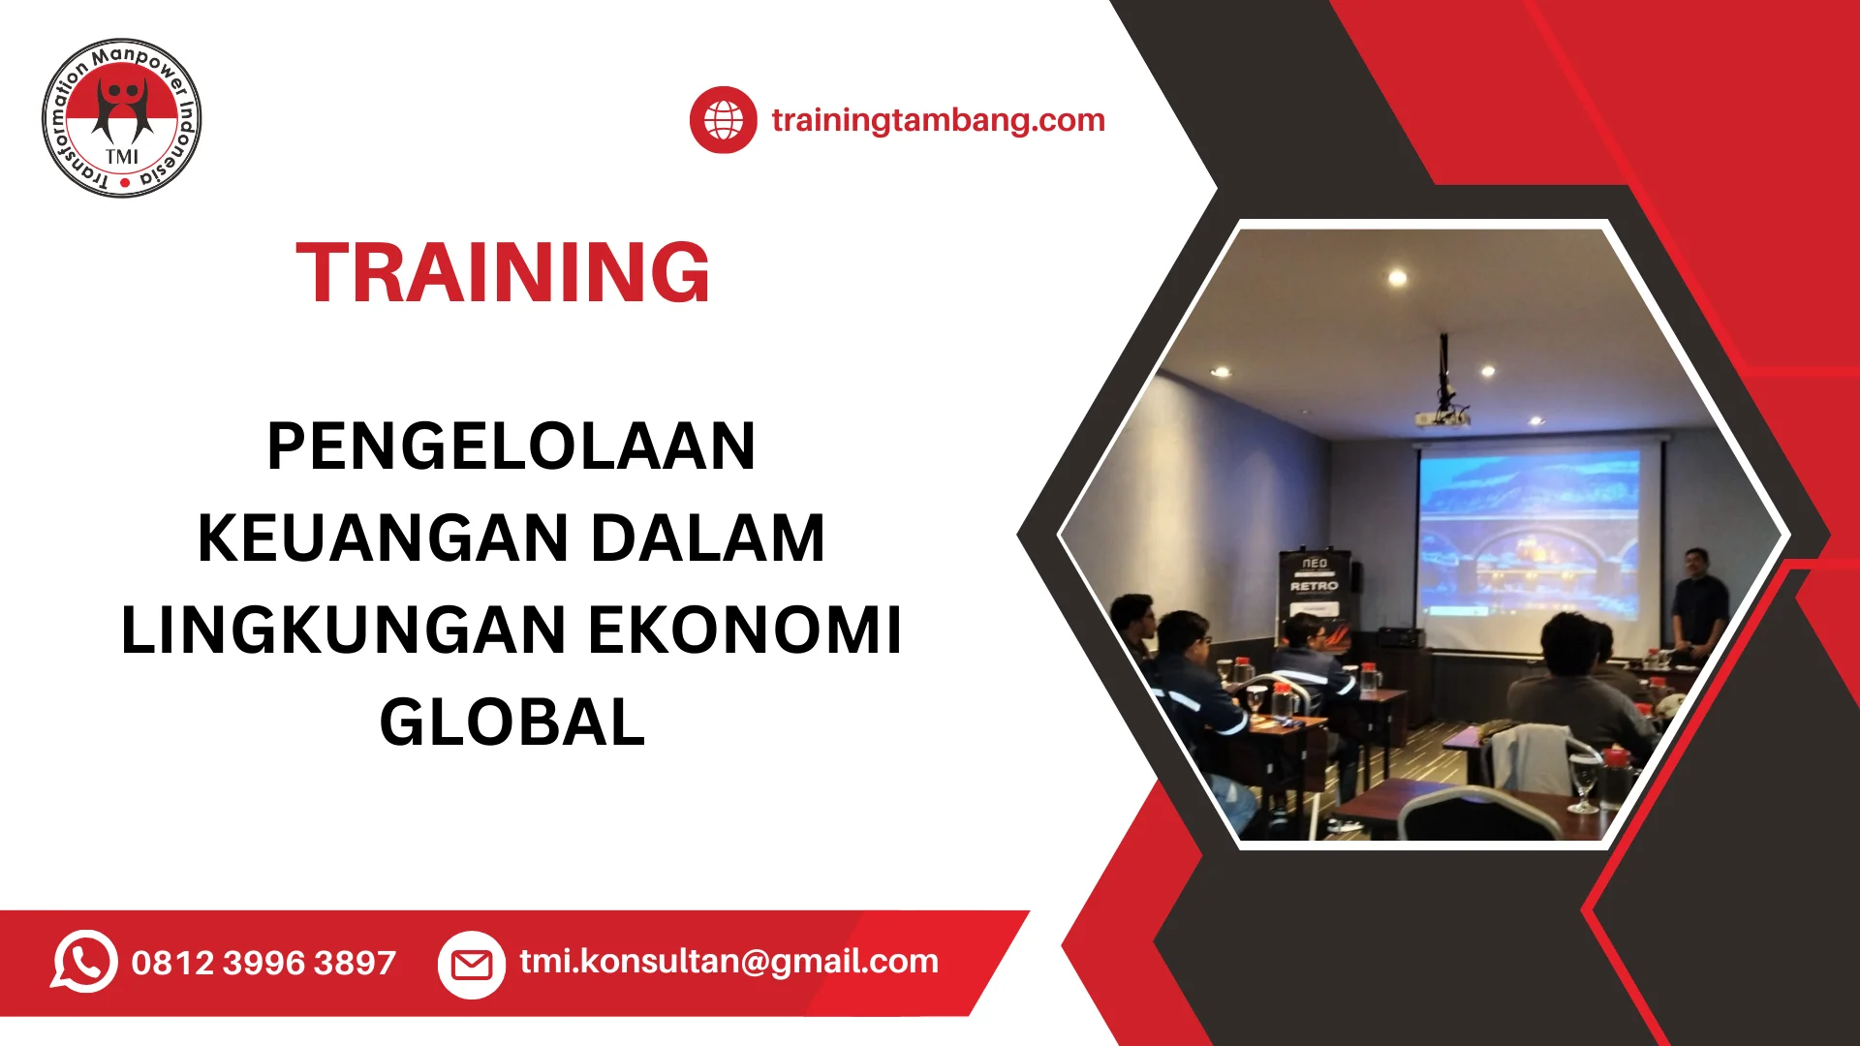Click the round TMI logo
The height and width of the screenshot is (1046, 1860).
[x=122, y=118]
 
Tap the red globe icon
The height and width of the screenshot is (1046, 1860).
[x=723, y=120]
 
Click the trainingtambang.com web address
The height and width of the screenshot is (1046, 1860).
[x=938, y=120]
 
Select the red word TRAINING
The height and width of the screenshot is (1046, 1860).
[x=503, y=272]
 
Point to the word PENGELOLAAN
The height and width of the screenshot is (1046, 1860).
[x=511, y=446]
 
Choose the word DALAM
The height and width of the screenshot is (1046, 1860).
[x=708, y=538]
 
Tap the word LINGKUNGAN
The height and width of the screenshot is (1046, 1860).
[x=343, y=631]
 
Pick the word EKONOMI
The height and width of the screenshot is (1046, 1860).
[x=745, y=631]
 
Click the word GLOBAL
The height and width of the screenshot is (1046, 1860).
[x=511, y=723]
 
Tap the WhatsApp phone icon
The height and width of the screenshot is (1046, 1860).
[x=84, y=962]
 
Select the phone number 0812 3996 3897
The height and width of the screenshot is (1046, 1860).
[x=263, y=963]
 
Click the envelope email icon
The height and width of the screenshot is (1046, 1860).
[x=472, y=965]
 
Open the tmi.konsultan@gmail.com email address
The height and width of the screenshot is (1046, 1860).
[x=728, y=962]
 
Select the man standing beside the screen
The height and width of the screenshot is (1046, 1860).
[x=1698, y=605]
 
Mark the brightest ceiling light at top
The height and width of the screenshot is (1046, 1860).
[x=1397, y=278]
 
